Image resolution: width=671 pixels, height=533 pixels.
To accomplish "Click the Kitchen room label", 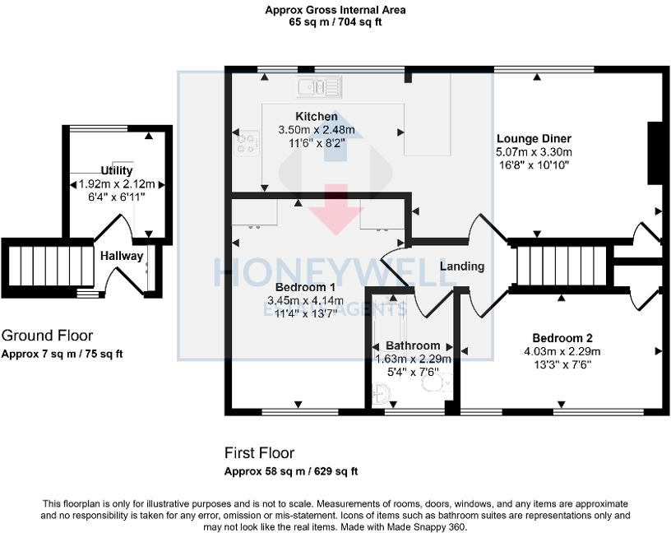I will click(316, 117).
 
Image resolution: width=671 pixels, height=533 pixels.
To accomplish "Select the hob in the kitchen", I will click(245, 143).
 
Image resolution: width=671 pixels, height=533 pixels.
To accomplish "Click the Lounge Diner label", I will click(534, 138).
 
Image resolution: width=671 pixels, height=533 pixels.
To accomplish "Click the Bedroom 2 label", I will click(562, 338).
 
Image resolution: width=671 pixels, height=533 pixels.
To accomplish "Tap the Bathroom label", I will click(413, 345).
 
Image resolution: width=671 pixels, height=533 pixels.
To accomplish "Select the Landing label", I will click(461, 266).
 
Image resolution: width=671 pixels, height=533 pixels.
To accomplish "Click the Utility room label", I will click(116, 170).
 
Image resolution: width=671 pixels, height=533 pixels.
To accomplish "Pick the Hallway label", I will click(122, 256).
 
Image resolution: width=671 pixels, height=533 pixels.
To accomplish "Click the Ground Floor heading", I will click(47, 336).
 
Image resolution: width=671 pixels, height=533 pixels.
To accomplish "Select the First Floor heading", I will click(259, 453).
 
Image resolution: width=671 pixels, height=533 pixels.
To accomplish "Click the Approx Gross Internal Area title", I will click(335, 10).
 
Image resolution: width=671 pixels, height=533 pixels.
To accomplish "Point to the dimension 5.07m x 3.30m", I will click(534, 152).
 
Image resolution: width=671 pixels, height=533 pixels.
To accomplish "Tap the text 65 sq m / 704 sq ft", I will click(335, 22).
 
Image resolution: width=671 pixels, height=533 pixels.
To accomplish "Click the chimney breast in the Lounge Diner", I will click(655, 154).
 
